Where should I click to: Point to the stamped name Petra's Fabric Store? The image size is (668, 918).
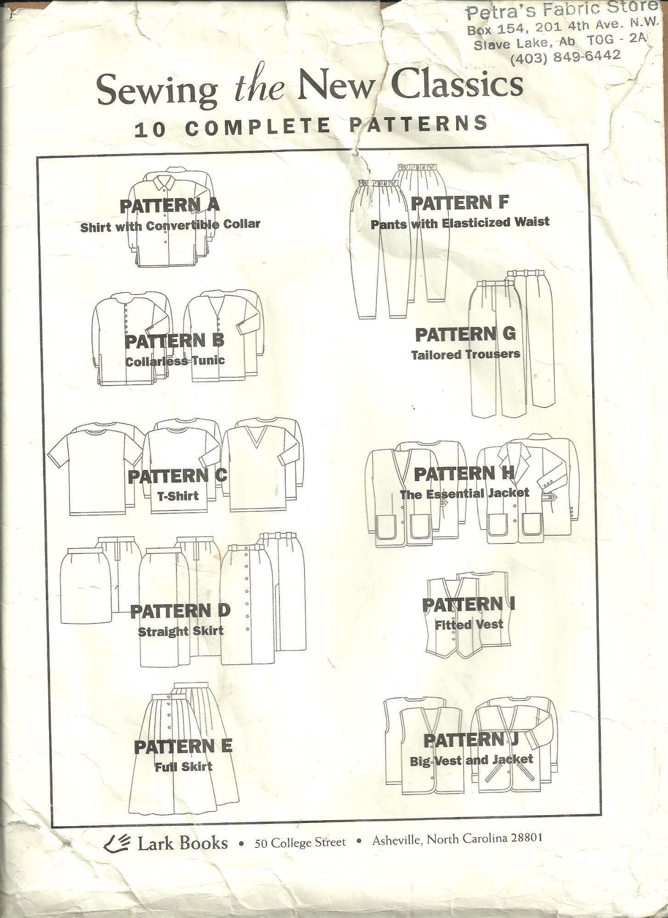[560, 11]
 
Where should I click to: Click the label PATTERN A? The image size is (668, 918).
[170, 206]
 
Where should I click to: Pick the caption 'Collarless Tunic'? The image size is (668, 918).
[175, 361]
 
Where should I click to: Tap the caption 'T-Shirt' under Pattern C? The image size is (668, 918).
[176, 495]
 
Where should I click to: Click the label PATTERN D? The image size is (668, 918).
[180, 611]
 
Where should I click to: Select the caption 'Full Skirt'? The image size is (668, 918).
[183, 766]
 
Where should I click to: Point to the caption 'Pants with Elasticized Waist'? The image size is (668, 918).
[460, 223]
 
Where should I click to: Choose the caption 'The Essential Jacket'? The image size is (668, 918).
[464, 494]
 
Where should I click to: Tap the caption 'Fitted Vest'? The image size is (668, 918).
[469, 624]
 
